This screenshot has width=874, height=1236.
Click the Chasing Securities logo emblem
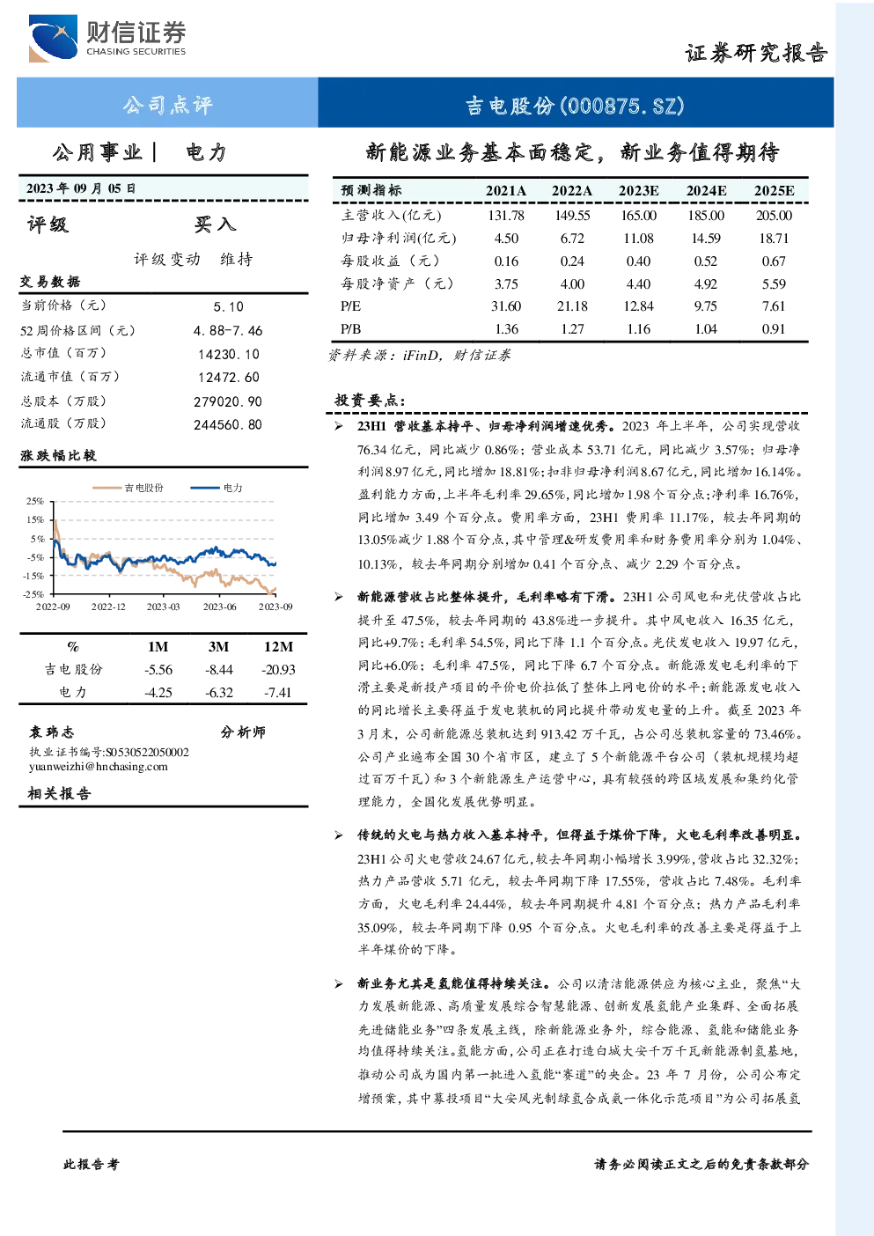pos(53,38)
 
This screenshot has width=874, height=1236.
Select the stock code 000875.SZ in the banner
pos(622,105)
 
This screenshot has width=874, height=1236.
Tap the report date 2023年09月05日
pos(81,188)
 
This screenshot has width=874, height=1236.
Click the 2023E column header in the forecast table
pos(638,191)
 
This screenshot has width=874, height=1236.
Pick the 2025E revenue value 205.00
pos(774,215)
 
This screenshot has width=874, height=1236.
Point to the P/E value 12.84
pos(638,306)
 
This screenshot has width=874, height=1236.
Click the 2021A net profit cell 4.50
pos(506,239)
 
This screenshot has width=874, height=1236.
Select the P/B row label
pos(350,329)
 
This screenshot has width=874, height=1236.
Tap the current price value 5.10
pos(228,306)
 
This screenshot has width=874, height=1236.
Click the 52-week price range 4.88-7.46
pos(228,330)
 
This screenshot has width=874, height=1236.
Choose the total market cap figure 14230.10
pos(229,354)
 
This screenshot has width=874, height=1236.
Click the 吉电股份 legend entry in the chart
pos(128,487)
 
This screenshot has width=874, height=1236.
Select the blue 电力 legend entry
pos(217,487)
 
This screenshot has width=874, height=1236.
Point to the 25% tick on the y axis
pos(34,501)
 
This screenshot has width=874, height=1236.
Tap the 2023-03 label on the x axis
pos(164,607)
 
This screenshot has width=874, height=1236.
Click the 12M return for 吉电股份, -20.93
pos(278,670)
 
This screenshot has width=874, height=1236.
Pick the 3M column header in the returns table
pos(218,647)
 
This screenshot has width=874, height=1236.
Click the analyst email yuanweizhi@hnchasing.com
pos(99,767)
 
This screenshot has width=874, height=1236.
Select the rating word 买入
pos(215,224)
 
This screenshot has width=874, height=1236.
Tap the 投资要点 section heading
pos(369,400)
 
